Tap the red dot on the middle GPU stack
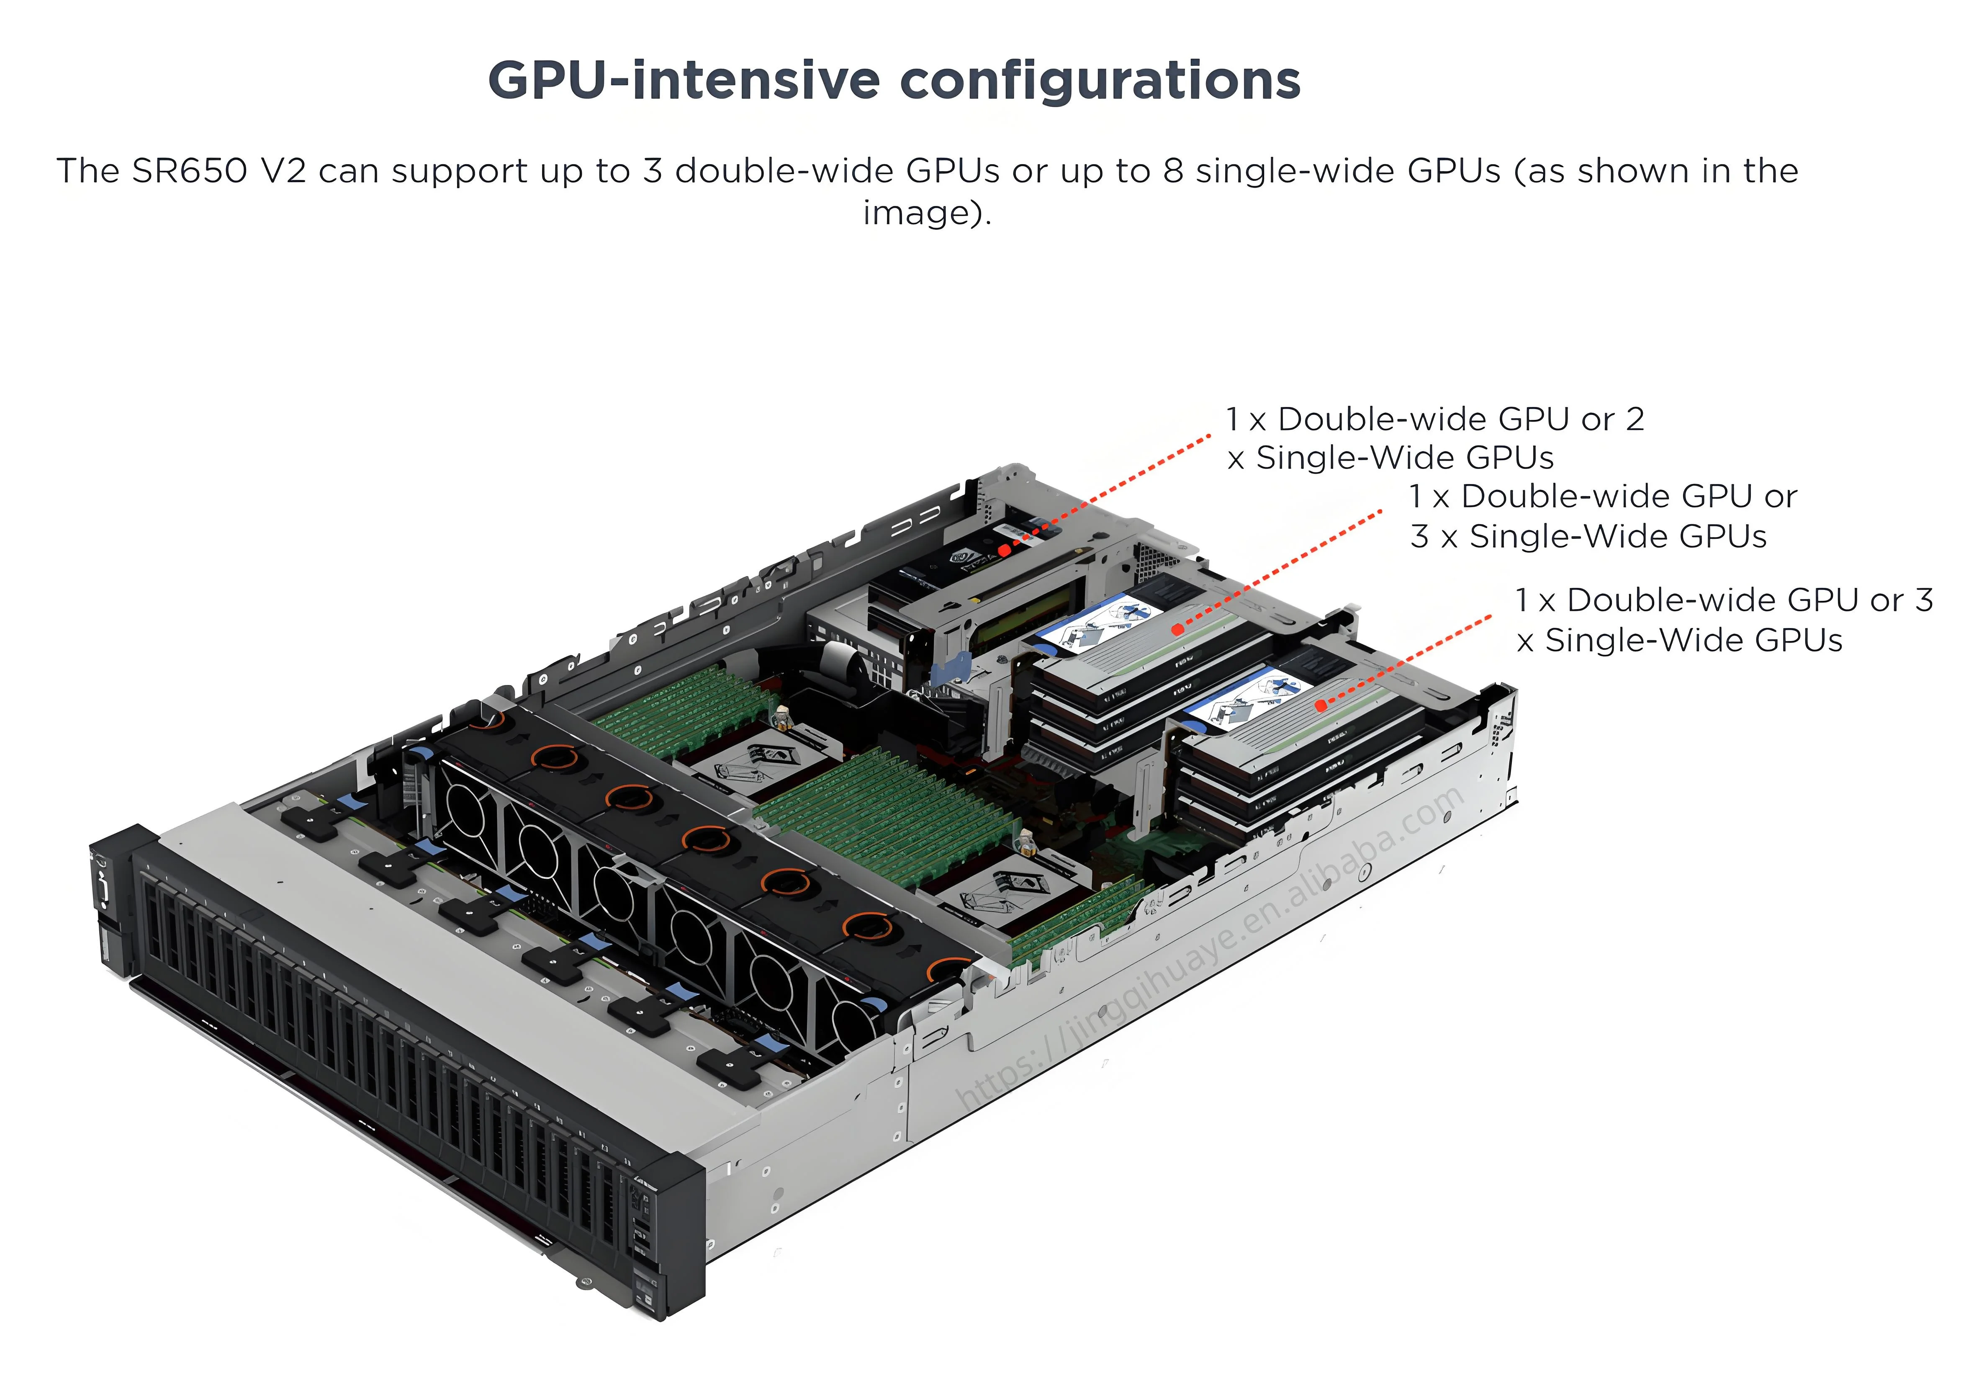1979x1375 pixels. [1177, 630]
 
